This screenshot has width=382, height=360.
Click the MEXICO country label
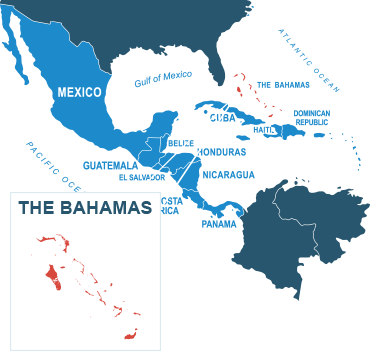click(79, 92)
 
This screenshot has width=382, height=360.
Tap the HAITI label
click(264, 129)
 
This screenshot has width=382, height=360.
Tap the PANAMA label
click(219, 223)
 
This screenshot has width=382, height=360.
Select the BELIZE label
click(173, 144)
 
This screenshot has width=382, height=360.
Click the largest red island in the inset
click(53, 273)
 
